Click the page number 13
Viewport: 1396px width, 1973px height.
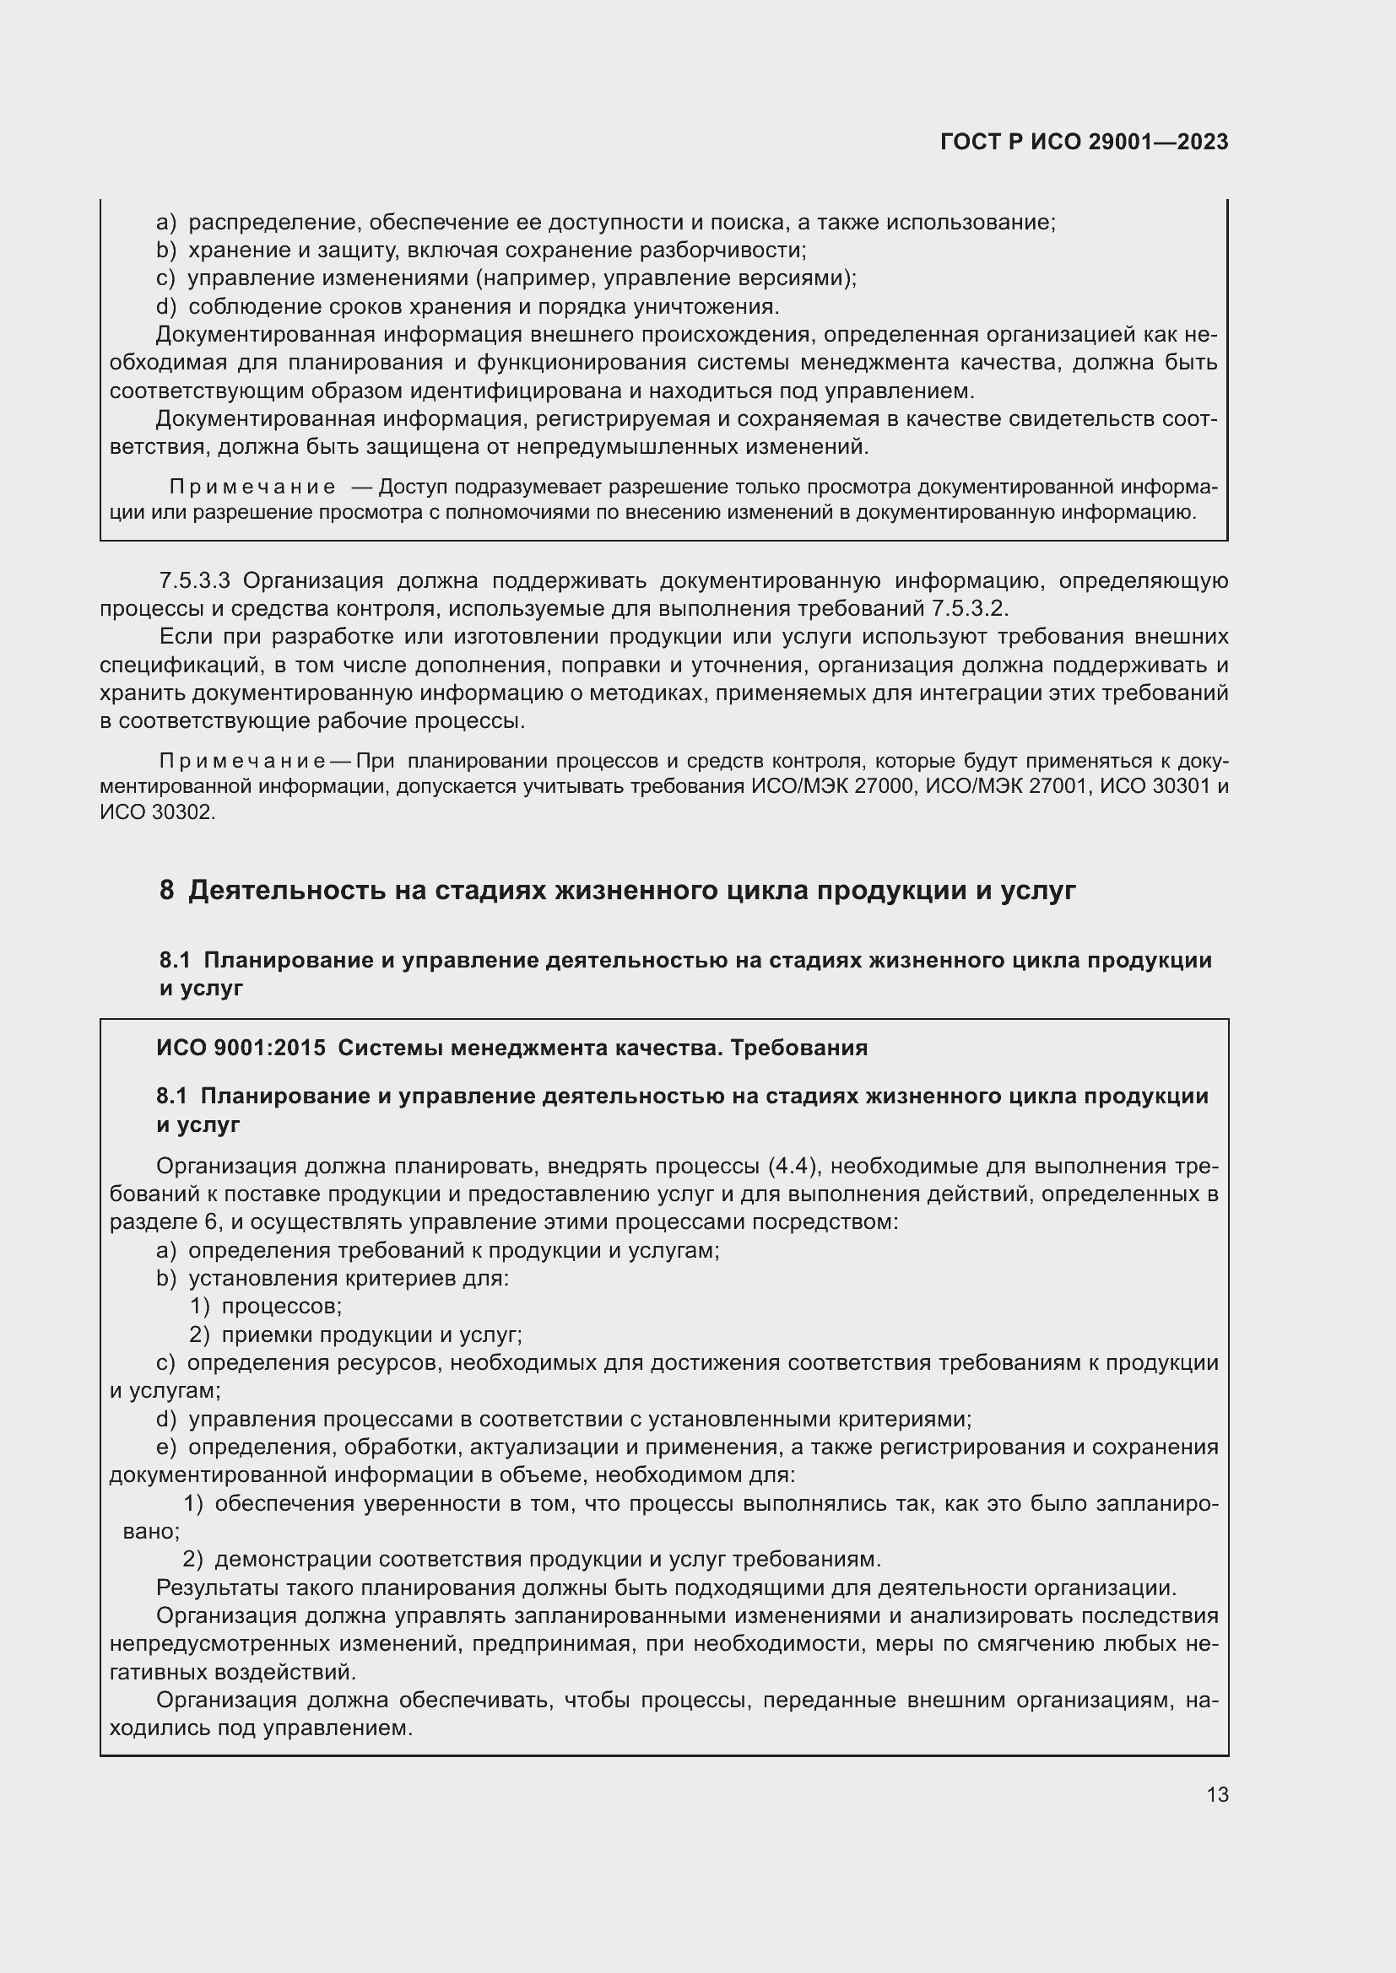pyautogui.click(x=1217, y=1794)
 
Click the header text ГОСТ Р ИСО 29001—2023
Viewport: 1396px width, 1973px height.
pyautogui.click(x=1084, y=143)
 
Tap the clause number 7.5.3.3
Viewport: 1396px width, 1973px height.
pyautogui.click(x=194, y=581)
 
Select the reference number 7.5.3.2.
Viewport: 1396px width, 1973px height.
pyautogui.click(x=968, y=609)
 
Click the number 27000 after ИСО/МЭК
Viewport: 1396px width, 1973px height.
pyautogui.click(x=885, y=787)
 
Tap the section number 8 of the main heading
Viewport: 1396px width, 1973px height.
pyautogui.click(x=166, y=890)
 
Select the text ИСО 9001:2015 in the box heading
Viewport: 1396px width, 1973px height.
pyautogui.click(x=241, y=1048)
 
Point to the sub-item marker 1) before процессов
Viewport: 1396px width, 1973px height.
pyautogui.click(x=199, y=1307)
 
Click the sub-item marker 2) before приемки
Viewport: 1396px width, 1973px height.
pyautogui.click(x=199, y=1335)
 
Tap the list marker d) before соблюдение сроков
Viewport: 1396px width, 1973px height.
pyautogui.click(x=166, y=307)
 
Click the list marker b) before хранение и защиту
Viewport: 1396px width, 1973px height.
pyautogui.click(x=166, y=251)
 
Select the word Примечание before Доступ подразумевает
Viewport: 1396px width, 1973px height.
pyautogui.click(x=252, y=488)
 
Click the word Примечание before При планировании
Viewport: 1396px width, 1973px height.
pyautogui.click(x=242, y=763)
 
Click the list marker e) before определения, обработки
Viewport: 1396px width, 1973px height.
pyautogui.click(x=166, y=1447)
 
